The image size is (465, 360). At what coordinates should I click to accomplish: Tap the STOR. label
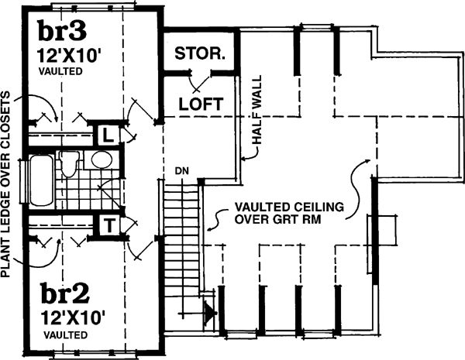200,54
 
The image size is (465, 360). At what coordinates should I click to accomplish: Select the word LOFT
201,103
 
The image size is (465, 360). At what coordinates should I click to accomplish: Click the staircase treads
180,232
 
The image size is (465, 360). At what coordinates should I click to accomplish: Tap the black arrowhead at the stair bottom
208,313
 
